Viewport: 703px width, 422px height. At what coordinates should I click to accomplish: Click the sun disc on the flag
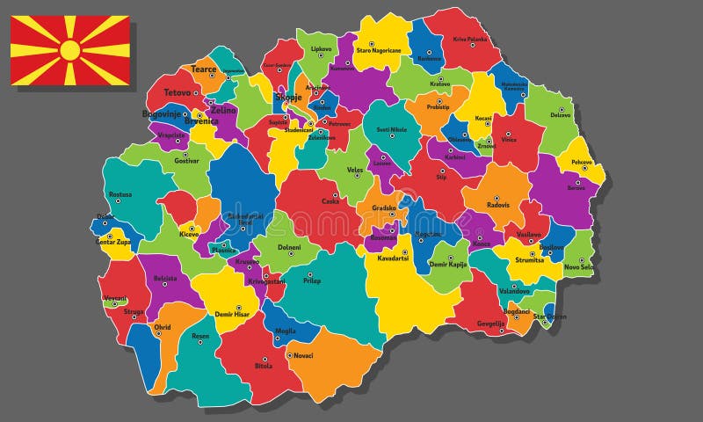pyautogui.click(x=70, y=50)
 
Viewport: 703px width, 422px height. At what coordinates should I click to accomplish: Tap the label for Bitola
pyautogui.click(x=264, y=366)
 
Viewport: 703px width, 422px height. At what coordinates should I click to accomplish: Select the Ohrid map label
pyautogui.click(x=163, y=328)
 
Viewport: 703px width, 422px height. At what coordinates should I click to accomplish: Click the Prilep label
pyautogui.click(x=312, y=281)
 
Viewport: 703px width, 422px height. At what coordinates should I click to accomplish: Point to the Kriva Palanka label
pyautogui.click(x=470, y=40)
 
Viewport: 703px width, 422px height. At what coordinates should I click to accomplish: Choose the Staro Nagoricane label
pyautogui.click(x=378, y=51)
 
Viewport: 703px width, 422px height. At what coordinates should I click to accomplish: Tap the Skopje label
pyautogui.click(x=289, y=97)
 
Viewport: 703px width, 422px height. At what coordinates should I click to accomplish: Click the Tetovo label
pyautogui.click(x=177, y=91)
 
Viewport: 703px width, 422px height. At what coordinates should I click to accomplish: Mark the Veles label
pyautogui.click(x=354, y=170)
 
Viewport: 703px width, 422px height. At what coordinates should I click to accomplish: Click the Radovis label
pyautogui.click(x=498, y=205)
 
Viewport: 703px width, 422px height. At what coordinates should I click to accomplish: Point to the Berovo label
pyautogui.click(x=576, y=188)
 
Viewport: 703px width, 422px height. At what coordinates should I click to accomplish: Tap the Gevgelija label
pyautogui.click(x=491, y=323)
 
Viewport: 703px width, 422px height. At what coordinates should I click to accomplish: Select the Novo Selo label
pyautogui.click(x=579, y=267)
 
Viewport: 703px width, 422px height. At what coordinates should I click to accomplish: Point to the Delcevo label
pyautogui.click(x=561, y=114)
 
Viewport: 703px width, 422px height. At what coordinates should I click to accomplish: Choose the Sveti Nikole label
pyautogui.click(x=392, y=130)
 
